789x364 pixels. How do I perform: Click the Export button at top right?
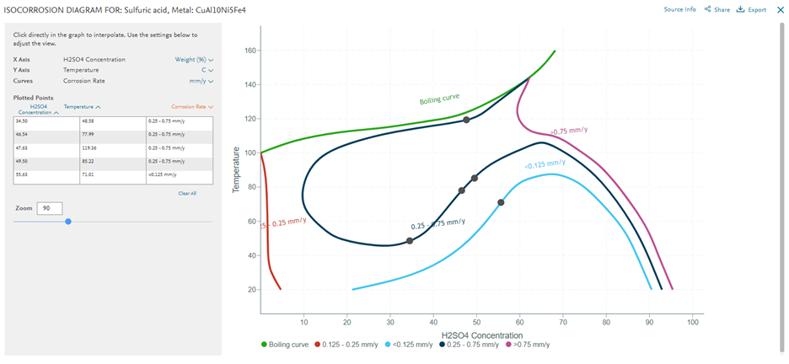(751, 10)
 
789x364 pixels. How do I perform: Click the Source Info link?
(679, 9)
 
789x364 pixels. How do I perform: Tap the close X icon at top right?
(780, 10)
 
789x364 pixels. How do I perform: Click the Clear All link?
(187, 193)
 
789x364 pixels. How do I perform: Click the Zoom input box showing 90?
(50, 208)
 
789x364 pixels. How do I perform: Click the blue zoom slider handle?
(68, 222)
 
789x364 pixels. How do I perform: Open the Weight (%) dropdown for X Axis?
(194, 60)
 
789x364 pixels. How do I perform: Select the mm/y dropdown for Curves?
(201, 81)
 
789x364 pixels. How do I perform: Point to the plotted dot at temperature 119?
(466, 120)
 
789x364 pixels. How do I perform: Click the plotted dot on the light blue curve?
(501, 202)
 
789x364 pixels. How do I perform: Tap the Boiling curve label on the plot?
(439, 99)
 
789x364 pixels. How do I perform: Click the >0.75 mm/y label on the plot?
(569, 131)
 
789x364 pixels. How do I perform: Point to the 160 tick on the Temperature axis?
(250, 51)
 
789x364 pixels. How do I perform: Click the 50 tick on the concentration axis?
(476, 321)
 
